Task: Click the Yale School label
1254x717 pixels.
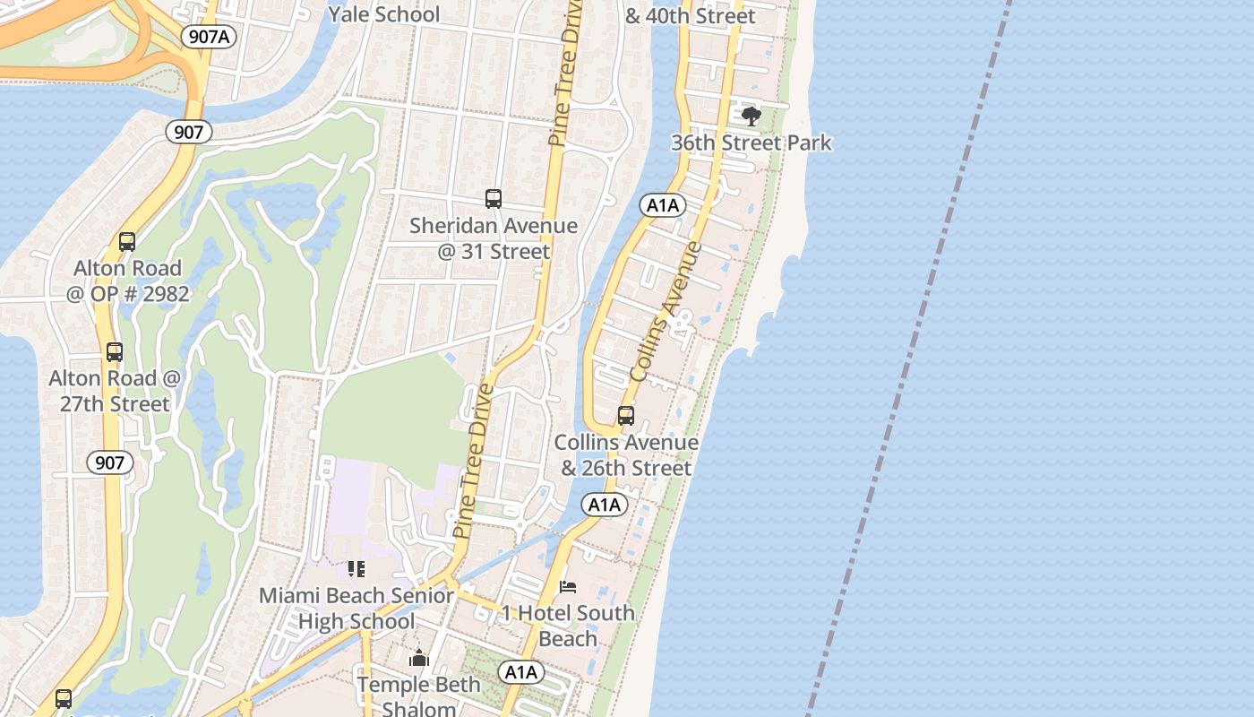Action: (x=383, y=14)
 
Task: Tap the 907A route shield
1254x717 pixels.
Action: (x=208, y=37)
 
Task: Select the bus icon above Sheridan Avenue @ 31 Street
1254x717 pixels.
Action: (x=493, y=199)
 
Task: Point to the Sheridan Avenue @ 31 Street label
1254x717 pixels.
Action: (x=494, y=238)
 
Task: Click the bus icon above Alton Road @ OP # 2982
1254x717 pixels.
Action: (x=127, y=242)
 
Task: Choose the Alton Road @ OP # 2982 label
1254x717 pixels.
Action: (x=127, y=281)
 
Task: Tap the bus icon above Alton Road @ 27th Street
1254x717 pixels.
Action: (x=115, y=352)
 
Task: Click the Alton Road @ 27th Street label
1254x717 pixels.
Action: (x=115, y=391)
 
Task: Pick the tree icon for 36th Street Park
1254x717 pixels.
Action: (x=752, y=116)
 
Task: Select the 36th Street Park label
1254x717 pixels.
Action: (x=752, y=143)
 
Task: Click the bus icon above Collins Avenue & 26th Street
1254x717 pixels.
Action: (x=626, y=416)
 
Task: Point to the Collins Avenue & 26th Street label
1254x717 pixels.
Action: (x=626, y=455)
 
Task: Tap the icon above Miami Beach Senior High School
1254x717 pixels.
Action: (x=356, y=569)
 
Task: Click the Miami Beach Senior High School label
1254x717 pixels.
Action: (x=356, y=609)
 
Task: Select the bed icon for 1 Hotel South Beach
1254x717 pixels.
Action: (x=568, y=587)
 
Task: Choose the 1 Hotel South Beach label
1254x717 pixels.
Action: (x=568, y=626)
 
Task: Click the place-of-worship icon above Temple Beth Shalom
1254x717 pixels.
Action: (x=419, y=659)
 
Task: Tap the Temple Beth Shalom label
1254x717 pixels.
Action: (x=419, y=695)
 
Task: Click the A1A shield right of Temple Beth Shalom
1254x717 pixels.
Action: (x=521, y=672)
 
